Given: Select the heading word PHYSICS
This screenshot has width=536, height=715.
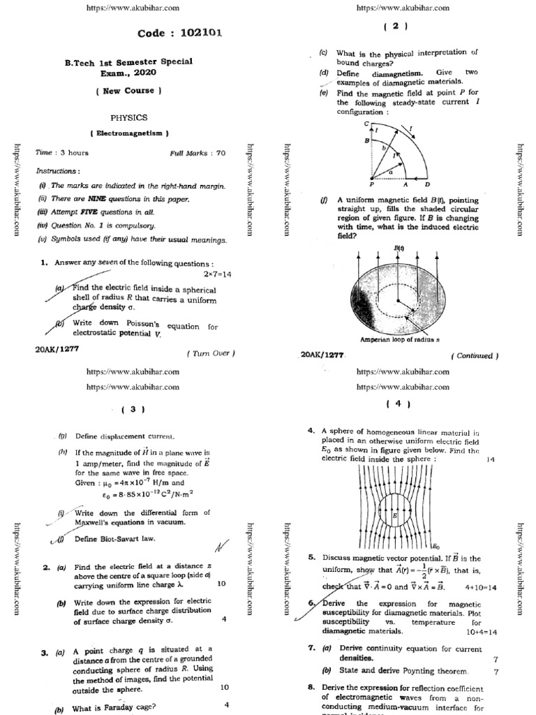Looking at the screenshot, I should (129, 118).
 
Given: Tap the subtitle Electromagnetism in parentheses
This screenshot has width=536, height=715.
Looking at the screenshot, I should (129, 133).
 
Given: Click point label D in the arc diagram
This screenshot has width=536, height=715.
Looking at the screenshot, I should (426, 186).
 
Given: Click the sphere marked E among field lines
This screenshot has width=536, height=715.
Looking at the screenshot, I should (395, 515).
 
